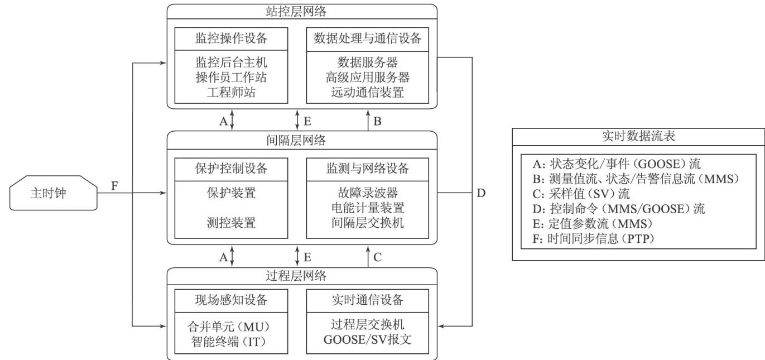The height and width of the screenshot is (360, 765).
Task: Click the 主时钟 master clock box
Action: (53, 194)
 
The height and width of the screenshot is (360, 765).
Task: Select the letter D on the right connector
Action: (481, 194)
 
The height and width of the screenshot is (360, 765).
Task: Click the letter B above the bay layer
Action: (377, 121)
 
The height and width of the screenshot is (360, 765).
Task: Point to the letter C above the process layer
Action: (377, 257)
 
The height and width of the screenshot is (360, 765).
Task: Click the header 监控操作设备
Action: (231, 39)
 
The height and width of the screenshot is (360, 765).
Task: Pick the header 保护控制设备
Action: (231, 168)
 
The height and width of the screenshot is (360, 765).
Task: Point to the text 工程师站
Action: (231, 93)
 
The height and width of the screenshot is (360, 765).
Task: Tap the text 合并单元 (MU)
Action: (231, 326)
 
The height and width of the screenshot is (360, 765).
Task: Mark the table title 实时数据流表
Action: (638, 136)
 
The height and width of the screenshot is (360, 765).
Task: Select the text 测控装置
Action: (231, 223)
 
